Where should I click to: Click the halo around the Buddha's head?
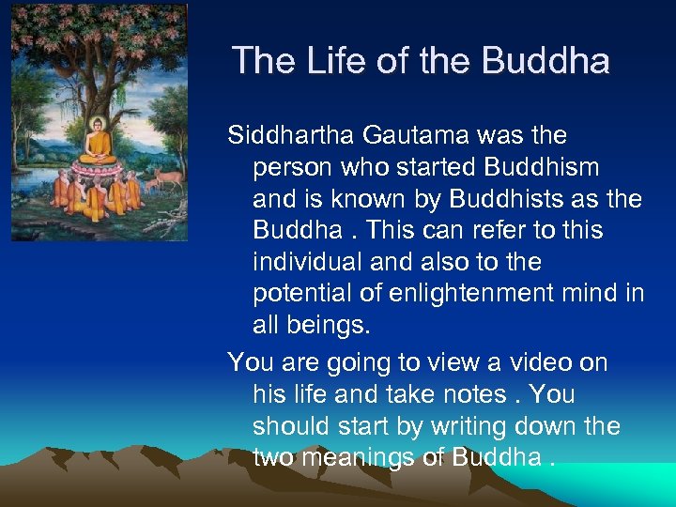pos(98,124)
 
